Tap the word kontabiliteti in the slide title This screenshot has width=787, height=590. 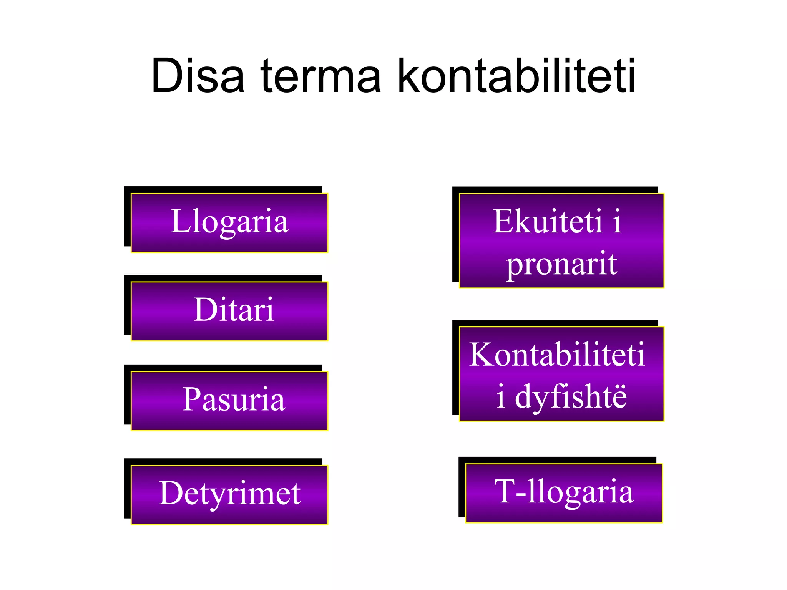[x=516, y=76]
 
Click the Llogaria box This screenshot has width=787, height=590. [x=229, y=223]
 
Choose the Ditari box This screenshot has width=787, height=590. [x=229, y=311]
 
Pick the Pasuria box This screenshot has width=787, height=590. [x=229, y=401]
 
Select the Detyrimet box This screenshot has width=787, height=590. [x=229, y=494]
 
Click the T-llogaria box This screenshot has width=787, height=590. [x=564, y=493]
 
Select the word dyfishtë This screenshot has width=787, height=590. [x=571, y=397]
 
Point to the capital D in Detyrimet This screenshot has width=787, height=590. [x=171, y=493]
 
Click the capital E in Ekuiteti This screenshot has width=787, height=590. [x=504, y=221]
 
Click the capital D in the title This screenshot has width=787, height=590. [x=166, y=76]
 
